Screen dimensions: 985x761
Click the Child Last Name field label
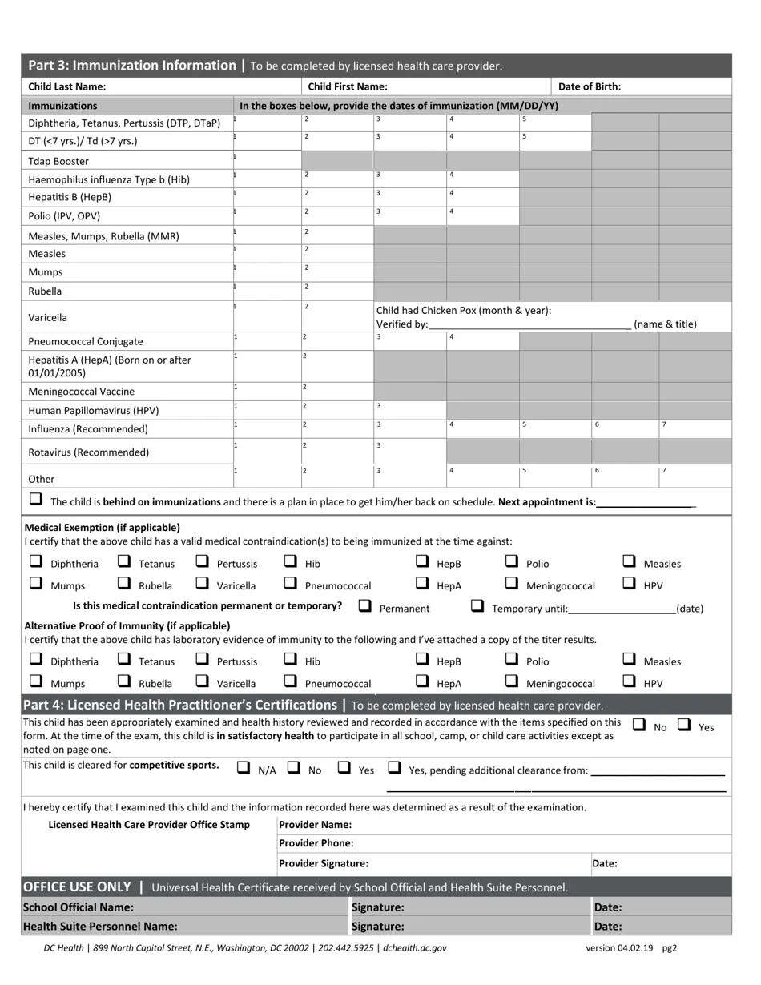(67, 87)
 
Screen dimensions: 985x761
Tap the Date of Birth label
(589, 87)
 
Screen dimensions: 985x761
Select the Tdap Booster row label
(58, 161)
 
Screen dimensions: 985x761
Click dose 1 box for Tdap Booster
(267, 160)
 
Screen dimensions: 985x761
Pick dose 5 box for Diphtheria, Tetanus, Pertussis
(555, 123)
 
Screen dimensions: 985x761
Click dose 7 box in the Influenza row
(695, 428)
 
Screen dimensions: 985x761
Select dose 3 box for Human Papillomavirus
(409, 410)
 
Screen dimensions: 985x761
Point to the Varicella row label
(48, 318)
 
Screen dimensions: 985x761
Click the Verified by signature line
(529, 324)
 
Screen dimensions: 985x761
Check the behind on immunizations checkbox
(36, 499)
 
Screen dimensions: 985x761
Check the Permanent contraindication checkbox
(365, 606)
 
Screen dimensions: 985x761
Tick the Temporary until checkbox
(477, 606)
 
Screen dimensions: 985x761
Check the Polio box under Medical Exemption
(512, 561)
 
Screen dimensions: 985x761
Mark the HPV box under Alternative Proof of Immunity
(630, 681)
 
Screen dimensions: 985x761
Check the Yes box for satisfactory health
(684, 725)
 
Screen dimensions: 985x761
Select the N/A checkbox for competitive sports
(244, 767)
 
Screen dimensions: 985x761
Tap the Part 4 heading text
(179, 706)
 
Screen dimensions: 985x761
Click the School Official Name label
(79, 907)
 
